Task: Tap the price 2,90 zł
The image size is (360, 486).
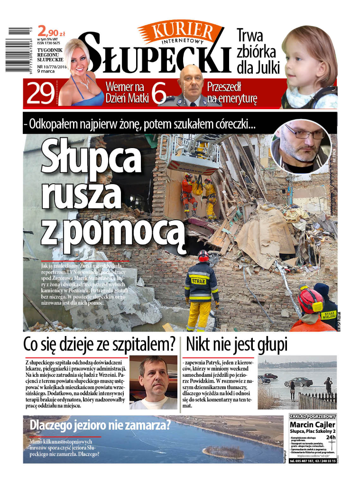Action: click(x=51, y=32)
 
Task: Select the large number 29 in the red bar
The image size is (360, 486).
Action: click(x=40, y=93)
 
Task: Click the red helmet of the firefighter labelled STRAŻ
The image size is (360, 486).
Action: click(x=203, y=255)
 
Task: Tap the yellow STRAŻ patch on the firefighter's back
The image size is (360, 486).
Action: click(x=199, y=280)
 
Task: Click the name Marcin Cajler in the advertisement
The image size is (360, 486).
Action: click(x=313, y=424)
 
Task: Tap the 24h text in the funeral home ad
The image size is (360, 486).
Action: click(x=331, y=438)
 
